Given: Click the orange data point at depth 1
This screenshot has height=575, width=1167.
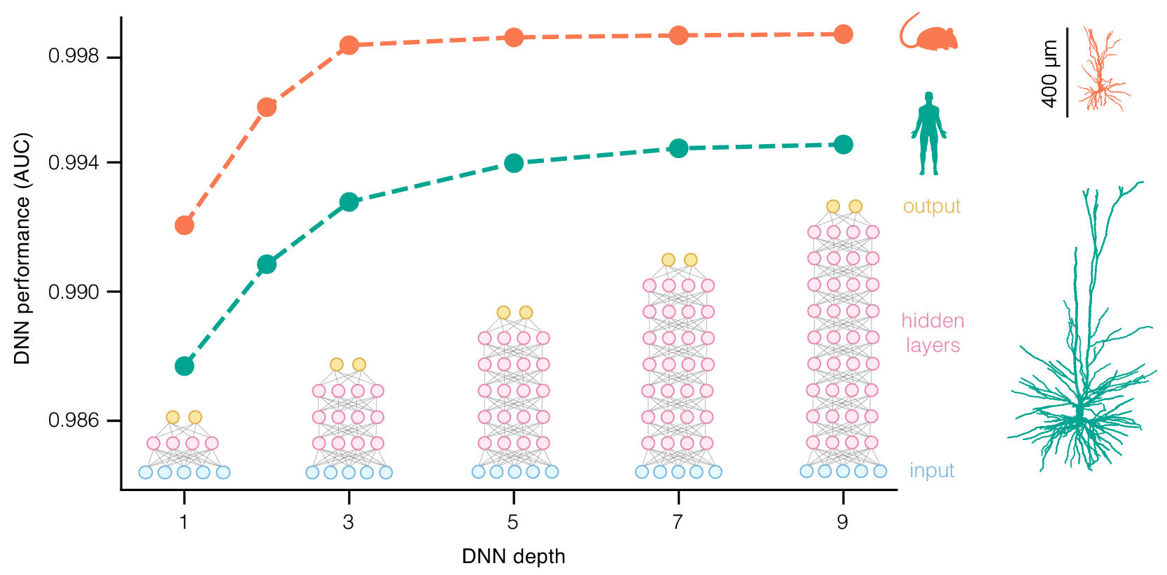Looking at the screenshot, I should coord(184,225).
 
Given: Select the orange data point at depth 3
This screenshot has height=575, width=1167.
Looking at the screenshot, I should coord(349,45).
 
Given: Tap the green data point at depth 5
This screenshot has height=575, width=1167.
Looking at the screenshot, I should coord(514,163).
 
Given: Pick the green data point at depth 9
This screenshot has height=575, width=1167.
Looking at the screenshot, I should coord(844,145).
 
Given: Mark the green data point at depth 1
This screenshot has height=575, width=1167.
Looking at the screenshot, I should coord(184,366).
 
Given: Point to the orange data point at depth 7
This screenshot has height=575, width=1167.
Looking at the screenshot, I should coord(678,35).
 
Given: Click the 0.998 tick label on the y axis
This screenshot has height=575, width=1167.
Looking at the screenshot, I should coord(74,57).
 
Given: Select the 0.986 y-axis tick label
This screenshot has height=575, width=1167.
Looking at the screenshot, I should coord(74,420).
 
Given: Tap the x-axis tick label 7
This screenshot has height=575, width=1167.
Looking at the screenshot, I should coord(678,523).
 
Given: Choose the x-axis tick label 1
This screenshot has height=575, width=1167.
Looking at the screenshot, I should coord(183,523).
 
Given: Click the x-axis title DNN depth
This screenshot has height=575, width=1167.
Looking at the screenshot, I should coord(513,557).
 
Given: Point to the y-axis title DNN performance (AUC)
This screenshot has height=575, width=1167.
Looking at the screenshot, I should coord(22,248).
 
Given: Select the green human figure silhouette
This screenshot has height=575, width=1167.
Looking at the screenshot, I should coord(928,133).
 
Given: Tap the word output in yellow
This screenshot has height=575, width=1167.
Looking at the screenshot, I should coord(931,206).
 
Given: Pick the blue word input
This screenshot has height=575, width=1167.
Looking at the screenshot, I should coord(931,471).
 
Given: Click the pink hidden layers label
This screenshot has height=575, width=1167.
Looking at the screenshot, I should coord(932,333).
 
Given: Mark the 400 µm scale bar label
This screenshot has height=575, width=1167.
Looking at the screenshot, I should coord(1049,73).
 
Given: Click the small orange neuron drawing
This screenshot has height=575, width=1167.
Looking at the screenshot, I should coord(1102,70).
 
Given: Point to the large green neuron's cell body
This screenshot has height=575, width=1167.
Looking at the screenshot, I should coord(1079,413).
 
